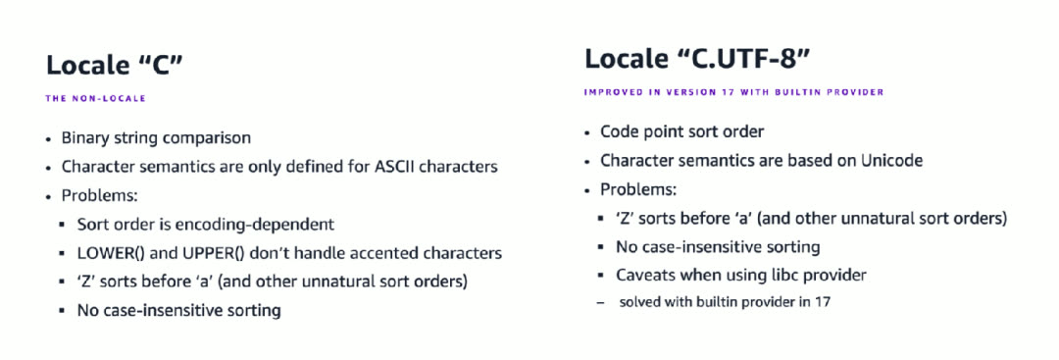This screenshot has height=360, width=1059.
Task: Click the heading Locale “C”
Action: pos(114,65)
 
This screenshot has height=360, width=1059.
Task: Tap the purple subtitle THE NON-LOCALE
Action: pos(95,99)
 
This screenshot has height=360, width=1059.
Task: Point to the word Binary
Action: pos(83,138)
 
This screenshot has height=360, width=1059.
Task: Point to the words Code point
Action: pos(634,131)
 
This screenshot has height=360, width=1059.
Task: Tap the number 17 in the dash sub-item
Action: pos(823,302)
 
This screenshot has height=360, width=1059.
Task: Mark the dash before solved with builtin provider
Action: pos(600,302)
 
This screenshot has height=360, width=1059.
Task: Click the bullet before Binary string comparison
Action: pos(49,138)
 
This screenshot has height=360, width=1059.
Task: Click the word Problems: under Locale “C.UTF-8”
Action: pos(638,189)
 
